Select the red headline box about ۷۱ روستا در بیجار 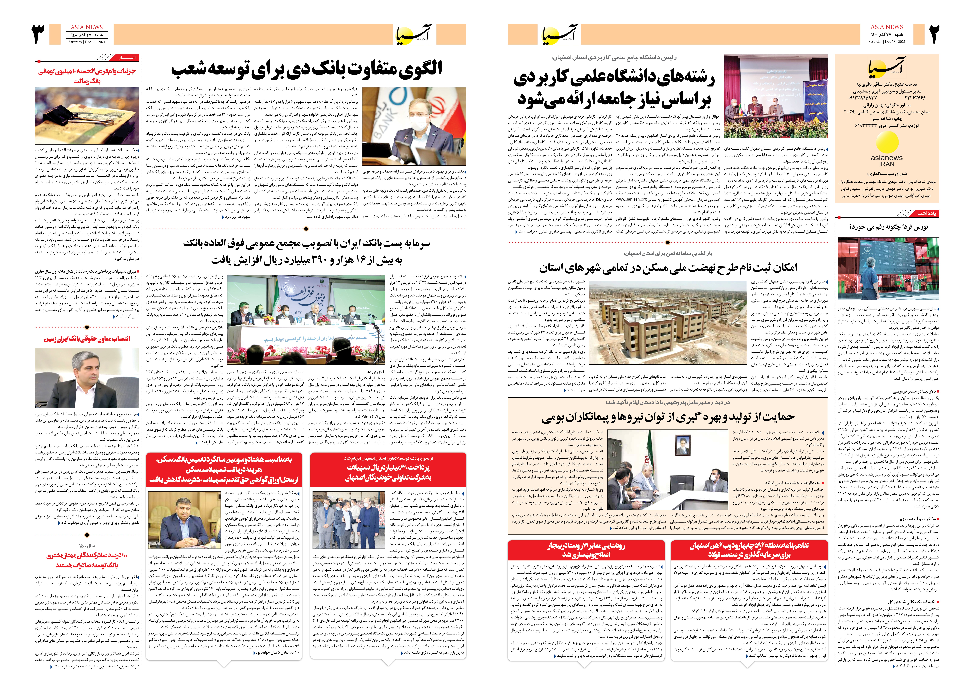coord(586,550)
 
